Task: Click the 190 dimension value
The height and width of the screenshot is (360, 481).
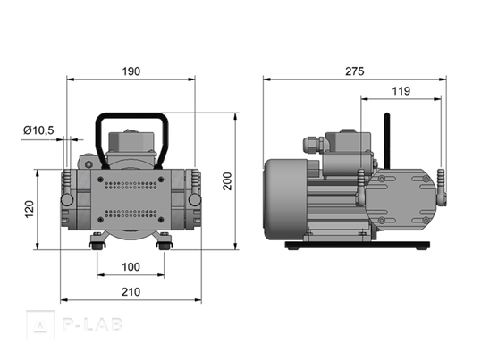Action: (x=131, y=71)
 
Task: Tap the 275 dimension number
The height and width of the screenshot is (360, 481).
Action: (x=355, y=71)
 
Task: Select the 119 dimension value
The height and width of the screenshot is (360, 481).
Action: (x=401, y=91)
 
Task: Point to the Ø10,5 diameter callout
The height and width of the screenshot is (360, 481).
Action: (x=38, y=130)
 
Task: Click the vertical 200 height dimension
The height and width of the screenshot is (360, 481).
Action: (x=227, y=181)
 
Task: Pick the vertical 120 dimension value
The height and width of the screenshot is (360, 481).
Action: (x=30, y=209)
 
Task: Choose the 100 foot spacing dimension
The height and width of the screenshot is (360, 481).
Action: (x=131, y=267)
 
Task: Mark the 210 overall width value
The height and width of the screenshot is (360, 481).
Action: (x=131, y=292)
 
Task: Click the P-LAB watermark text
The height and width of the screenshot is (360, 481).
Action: (x=93, y=324)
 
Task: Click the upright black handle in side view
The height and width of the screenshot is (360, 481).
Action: (x=387, y=141)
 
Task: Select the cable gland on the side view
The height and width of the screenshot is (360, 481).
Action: (x=313, y=145)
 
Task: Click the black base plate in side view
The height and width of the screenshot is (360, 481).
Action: (x=358, y=245)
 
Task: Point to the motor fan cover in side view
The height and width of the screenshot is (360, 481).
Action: (x=285, y=199)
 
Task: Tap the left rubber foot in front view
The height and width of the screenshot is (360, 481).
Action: (x=97, y=245)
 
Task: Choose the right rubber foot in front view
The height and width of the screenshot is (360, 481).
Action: (x=165, y=245)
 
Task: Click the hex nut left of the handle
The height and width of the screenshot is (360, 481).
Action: (x=89, y=164)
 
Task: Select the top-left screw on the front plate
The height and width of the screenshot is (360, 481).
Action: (x=100, y=180)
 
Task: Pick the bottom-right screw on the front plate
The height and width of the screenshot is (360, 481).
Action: (x=161, y=220)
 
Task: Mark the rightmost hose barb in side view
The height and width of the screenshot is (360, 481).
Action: (x=441, y=188)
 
